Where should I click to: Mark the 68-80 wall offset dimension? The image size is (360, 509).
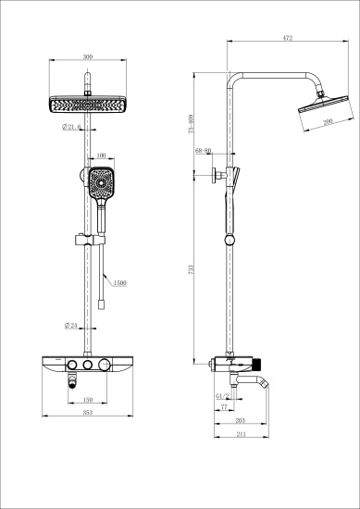point(205,150)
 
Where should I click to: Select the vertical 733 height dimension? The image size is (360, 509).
point(189,268)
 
